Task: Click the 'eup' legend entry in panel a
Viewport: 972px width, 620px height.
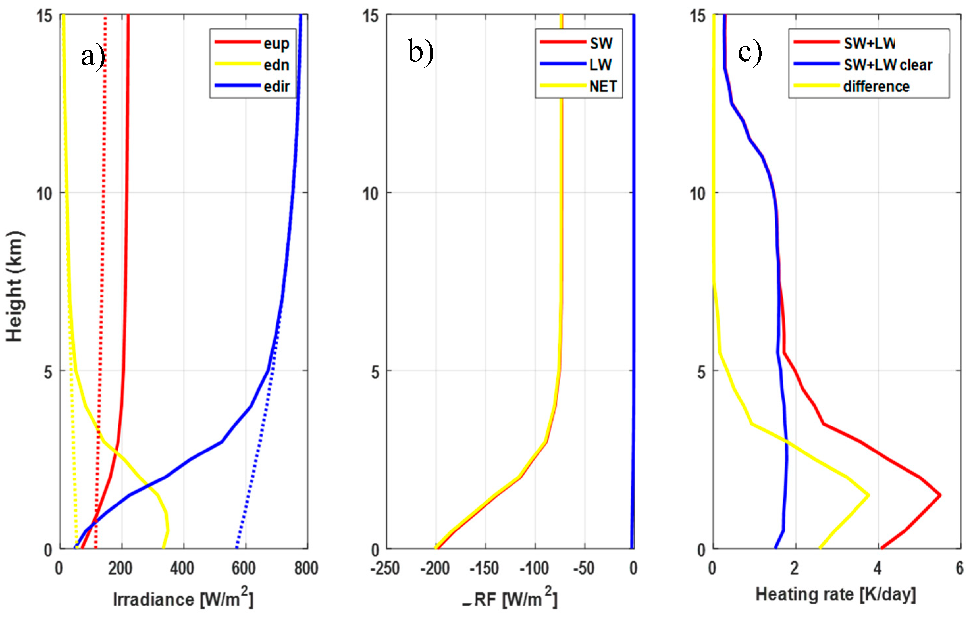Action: [276, 43]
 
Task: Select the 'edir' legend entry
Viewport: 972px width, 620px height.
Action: [276, 86]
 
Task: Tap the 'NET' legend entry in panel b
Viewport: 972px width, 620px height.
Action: [603, 86]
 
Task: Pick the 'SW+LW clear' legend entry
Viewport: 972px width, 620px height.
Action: [888, 65]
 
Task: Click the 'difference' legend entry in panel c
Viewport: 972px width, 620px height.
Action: [876, 86]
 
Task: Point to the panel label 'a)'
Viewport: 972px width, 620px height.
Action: [93, 57]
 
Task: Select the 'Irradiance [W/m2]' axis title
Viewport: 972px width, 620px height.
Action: [183, 599]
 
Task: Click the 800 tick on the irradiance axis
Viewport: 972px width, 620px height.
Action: [306, 568]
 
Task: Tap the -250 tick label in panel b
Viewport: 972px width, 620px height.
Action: [385, 568]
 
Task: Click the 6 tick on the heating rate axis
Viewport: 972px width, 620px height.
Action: [960, 568]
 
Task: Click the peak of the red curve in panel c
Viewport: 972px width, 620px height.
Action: [940, 495]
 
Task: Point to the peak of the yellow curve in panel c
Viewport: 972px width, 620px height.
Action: [868, 495]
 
